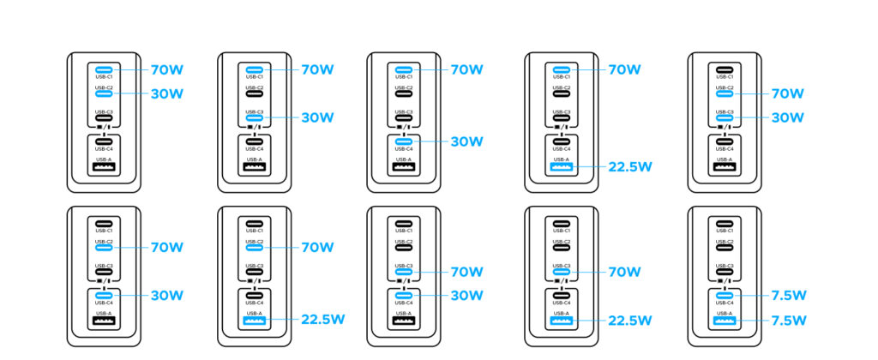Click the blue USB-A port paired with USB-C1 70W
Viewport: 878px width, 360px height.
coord(561,166)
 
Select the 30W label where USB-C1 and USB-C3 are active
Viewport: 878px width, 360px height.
coord(318,117)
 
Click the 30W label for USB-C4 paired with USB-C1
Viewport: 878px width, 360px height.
coord(469,141)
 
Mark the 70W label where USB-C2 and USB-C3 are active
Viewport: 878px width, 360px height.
coord(787,93)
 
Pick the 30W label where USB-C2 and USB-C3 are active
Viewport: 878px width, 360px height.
coord(787,117)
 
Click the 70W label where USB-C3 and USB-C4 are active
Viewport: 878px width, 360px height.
coord(469,272)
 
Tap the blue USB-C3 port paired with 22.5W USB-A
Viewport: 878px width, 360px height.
coord(561,272)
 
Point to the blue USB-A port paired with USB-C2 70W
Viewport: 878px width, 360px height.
coord(254,321)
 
